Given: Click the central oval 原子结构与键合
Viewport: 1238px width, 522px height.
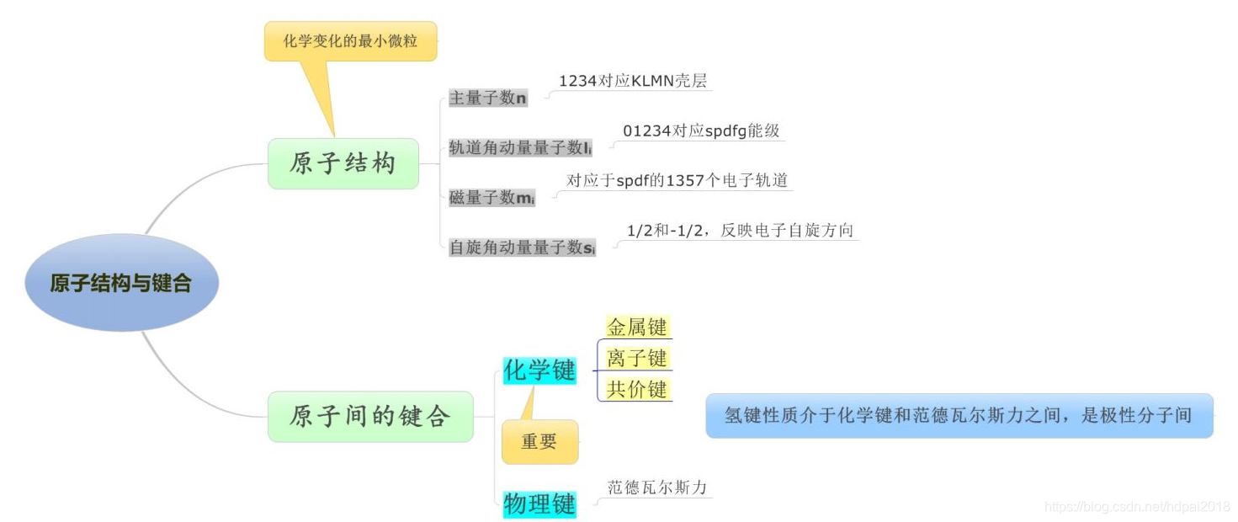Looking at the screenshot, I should (x=121, y=283).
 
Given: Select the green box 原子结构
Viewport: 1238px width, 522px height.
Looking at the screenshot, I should (x=343, y=163).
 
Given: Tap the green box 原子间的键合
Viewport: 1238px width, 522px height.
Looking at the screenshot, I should (x=370, y=416).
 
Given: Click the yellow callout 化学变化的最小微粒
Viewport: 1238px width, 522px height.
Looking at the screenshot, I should (x=350, y=40).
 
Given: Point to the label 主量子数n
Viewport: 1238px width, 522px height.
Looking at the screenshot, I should (x=488, y=99).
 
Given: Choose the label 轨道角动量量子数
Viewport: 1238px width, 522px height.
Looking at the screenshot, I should (x=520, y=148).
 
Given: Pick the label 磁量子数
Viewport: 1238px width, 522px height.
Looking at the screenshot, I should (x=491, y=198).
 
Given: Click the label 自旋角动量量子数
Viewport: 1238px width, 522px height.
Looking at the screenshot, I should (x=522, y=248).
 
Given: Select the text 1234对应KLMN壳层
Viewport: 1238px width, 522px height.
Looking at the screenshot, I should (x=633, y=81).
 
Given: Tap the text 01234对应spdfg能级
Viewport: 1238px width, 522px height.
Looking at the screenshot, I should (x=701, y=130).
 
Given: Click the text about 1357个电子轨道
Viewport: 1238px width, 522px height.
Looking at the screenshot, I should (x=677, y=180).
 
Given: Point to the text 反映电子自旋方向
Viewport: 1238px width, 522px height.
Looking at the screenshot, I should (x=741, y=230).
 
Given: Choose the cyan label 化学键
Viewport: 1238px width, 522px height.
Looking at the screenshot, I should (x=539, y=370).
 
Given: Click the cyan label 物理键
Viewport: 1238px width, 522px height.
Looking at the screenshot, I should (x=539, y=504).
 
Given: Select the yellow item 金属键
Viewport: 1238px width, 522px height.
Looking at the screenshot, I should (x=637, y=327).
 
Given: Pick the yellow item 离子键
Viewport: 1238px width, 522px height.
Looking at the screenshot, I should (x=637, y=358).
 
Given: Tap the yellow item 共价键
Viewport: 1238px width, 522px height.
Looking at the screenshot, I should (x=637, y=389).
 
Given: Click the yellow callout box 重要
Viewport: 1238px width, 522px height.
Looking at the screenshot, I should (x=539, y=441).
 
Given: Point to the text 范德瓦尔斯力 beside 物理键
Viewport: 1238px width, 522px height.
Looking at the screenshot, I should (x=657, y=487).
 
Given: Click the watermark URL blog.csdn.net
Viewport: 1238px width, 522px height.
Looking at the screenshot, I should (x=1136, y=506).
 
